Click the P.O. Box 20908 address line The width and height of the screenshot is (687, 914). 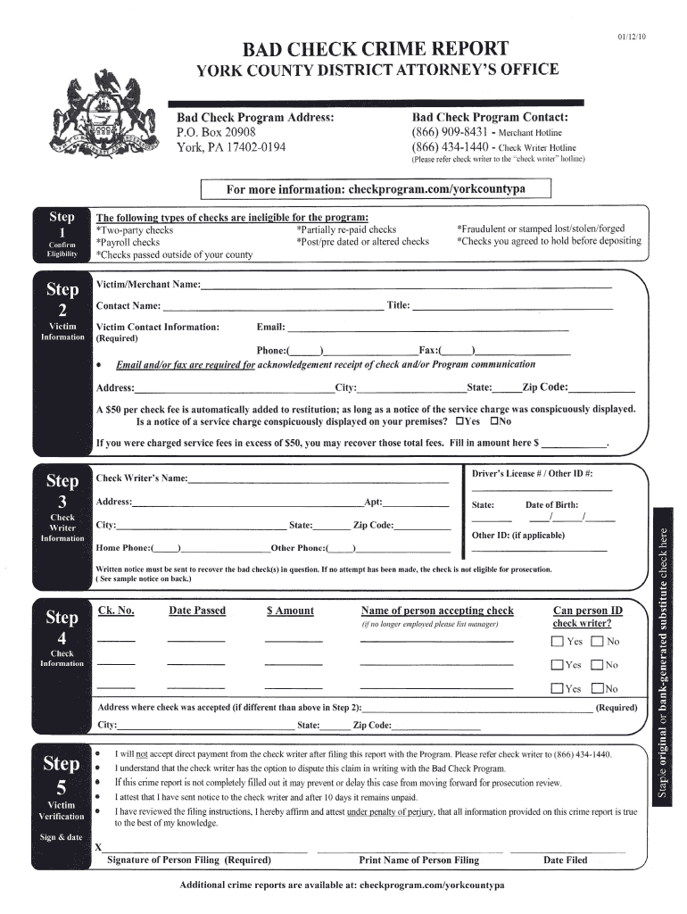tap(217, 132)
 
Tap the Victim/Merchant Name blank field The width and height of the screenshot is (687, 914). tap(406, 286)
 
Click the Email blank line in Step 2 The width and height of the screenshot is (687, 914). tap(427, 328)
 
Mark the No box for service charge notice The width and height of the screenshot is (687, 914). tap(492, 421)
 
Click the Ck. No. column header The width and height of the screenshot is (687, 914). tap(116, 611)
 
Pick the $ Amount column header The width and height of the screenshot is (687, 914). tap(290, 611)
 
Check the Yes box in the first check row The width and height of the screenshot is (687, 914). tap(558, 642)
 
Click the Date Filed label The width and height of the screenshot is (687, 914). tap(565, 860)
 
